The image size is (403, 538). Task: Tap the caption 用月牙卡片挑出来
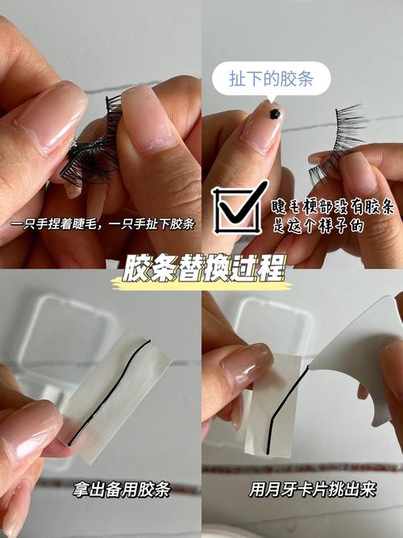(301, 489)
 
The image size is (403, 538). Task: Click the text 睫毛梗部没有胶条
(333, 209)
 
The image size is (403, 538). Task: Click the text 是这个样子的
(318, 227)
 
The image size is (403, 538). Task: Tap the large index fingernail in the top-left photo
(51, 115)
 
